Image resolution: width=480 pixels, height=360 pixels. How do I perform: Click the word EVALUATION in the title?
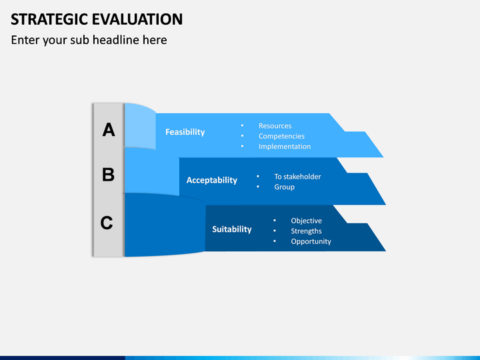[x=137, y=19]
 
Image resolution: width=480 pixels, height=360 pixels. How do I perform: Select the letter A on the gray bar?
[x=109, y=130]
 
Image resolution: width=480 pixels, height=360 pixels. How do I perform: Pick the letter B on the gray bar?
[x=109, y=175]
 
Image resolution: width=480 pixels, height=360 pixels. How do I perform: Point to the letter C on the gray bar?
[x=107, y=223]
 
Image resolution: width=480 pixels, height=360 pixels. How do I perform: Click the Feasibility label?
[x=185, y=132]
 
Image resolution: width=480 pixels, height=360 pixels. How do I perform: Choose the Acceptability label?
[x=212, y=180]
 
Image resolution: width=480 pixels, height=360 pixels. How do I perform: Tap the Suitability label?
[x=232, y=229]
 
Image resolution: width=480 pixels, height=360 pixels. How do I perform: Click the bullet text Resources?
[x=275, y=126]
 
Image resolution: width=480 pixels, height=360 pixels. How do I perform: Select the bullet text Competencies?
[x=281, y=136]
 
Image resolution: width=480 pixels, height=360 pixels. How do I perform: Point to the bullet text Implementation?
[x=285, y=146]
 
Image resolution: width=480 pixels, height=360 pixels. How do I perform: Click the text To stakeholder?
[x=297, y=177]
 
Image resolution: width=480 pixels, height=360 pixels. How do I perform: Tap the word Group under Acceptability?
[x=285, y=187]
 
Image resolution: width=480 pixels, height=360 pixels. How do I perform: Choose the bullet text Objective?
[x=307, y=221]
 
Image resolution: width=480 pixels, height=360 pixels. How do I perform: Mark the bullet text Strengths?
[x=306, y=231]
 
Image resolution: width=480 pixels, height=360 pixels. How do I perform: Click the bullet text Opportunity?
[x=311, y=241]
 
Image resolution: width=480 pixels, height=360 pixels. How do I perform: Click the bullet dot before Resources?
[x=242, y=125]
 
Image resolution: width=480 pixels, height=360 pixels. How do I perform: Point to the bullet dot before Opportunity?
[x=275, y=241]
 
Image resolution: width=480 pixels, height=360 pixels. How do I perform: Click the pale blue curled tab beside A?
[x=140, y=126]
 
